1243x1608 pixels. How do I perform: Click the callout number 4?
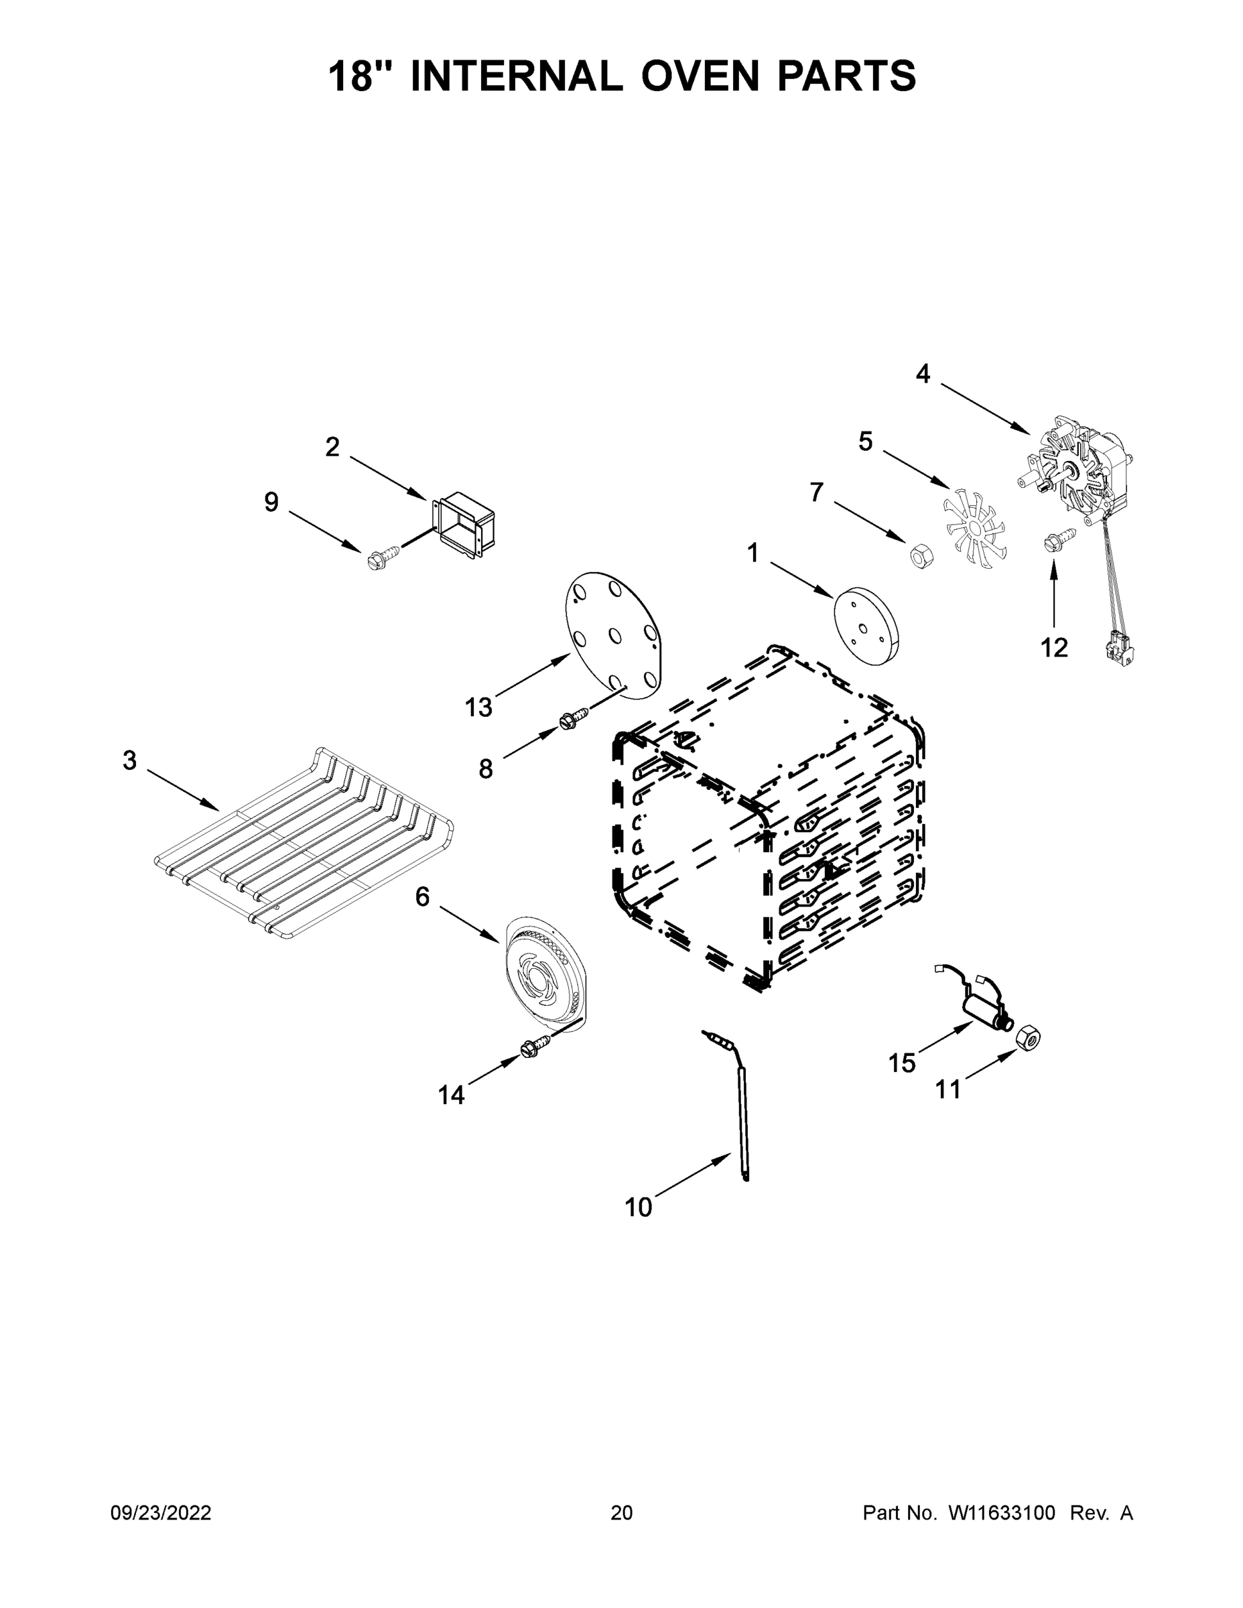(923, 374)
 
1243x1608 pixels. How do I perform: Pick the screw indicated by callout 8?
(575, 716)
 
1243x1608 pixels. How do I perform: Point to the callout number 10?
(638, 1207)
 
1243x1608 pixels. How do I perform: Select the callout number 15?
(901, 1063)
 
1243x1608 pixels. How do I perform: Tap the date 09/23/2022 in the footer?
(161, 1513)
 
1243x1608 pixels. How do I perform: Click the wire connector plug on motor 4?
(1119, 649)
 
